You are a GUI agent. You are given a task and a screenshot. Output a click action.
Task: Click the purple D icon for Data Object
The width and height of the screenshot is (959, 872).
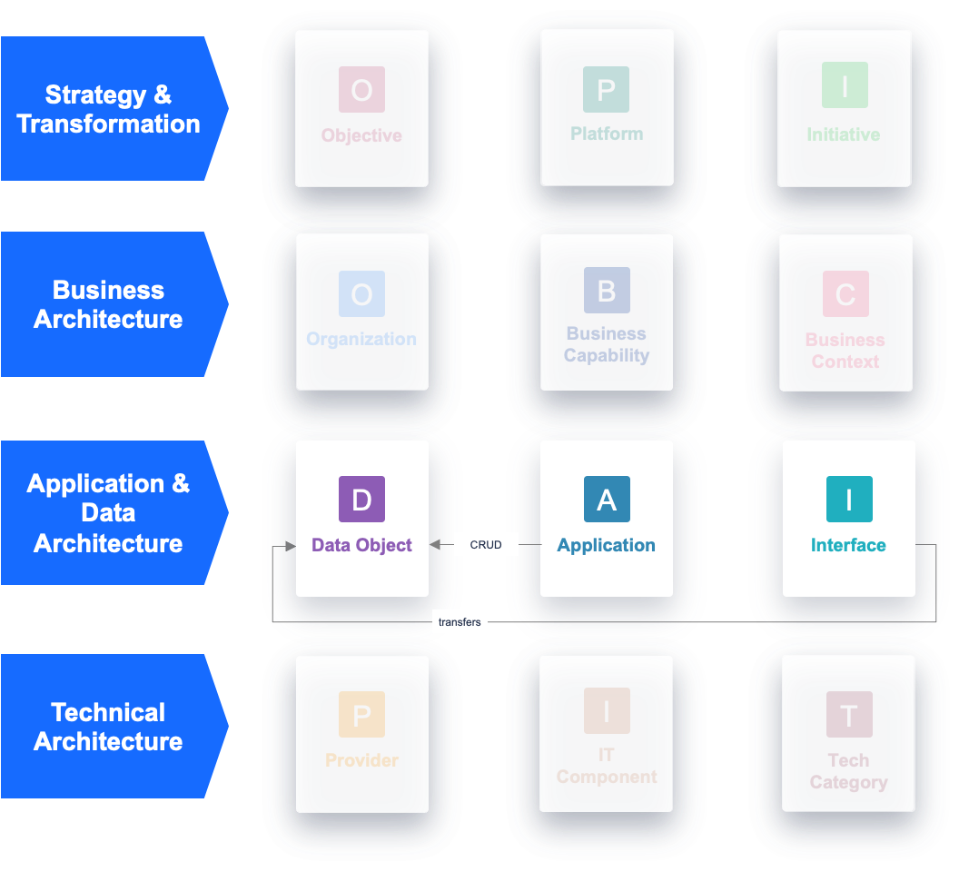tap(361, 499)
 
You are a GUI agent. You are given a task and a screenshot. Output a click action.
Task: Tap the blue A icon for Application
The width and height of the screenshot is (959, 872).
tap(607, 499)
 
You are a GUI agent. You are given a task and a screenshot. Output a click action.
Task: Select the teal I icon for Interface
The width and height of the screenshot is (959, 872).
tap(849, 499)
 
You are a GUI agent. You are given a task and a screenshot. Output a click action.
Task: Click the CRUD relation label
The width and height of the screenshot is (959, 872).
tap(486, 545)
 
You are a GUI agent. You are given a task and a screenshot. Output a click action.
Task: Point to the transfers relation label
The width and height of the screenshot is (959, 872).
tap(460, 622)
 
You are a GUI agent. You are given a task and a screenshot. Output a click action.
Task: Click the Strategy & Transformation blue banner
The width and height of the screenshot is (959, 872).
tap(109, 109)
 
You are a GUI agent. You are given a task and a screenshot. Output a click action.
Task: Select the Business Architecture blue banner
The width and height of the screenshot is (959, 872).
tap(109, 304)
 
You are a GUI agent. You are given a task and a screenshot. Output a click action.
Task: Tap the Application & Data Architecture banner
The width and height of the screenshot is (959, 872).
tap(109, 513)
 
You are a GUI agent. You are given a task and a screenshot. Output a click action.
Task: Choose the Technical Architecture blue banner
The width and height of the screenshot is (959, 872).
tap(109, 727)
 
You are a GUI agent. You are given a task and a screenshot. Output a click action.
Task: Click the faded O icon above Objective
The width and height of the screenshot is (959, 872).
tap(361, 89)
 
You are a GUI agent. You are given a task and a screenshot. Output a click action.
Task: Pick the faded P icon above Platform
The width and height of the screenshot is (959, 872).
tap(607, 89)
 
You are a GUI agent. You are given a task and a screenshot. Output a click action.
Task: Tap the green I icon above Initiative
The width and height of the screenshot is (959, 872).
tap(845, 85)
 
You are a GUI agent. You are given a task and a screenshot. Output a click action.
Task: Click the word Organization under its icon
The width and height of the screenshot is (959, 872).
tap(361, 339)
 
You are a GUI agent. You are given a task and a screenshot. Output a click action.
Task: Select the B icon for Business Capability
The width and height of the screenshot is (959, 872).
tap(607, 291)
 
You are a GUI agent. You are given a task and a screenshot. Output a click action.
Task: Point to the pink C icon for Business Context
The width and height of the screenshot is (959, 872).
tap(845, 294)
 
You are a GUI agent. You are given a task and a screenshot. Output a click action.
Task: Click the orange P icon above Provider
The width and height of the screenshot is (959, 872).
tap(361, 714)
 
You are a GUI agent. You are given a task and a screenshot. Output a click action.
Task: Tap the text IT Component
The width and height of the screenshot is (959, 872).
tap(607, 766)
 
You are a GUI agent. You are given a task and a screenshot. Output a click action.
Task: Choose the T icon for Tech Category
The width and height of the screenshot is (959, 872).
tap(849, 714)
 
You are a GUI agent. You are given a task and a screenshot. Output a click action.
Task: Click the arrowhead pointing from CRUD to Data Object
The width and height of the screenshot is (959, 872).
tap(435, 545)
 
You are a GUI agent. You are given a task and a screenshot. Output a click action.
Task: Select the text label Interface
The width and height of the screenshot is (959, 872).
tap(848, 545)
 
